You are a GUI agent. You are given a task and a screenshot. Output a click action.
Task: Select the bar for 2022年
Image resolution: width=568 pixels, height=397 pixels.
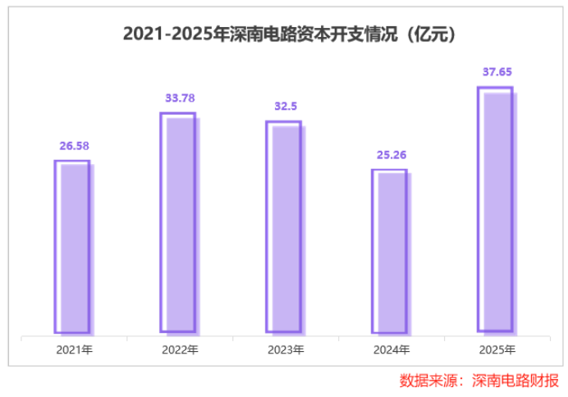tap(178, 222)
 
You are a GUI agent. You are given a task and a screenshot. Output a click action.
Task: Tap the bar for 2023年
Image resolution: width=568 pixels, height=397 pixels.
tap(284, 227)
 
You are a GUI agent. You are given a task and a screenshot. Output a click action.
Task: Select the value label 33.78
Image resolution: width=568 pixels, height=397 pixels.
tap(178, 99)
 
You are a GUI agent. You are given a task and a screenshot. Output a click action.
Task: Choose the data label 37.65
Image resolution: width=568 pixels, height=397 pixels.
tap(495, 72)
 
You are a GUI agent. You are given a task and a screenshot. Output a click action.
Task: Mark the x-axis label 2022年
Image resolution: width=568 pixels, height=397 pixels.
tap(180, 350)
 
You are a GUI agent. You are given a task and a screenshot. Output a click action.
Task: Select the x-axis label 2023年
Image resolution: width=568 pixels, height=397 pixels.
tap(285, 350)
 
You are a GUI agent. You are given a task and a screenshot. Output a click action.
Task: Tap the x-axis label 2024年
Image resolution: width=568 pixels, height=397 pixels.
tap(391, 350)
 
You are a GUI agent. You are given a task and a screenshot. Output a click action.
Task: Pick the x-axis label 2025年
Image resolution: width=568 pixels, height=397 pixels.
tap(496, 350)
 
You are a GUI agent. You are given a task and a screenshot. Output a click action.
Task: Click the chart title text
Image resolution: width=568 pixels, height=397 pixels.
tap(284, 35)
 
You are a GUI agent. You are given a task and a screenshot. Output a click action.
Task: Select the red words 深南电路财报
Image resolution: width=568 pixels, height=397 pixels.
tap(514, 381)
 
